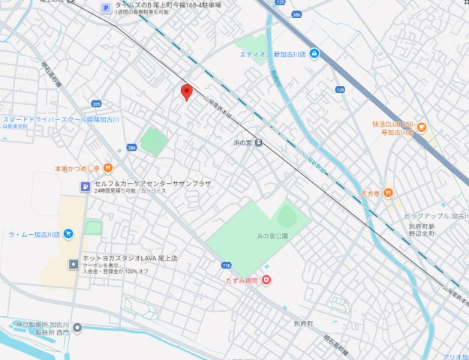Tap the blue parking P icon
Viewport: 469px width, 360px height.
pyautogui.click(x=106, y=9)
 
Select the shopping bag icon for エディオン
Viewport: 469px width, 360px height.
pyautogui.click(x=314, y=53)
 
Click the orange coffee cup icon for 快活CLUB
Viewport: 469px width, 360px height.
pyautogui.click(x=421, y=127)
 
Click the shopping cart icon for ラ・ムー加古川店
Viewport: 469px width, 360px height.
pyautogui.click(x=68, y=234)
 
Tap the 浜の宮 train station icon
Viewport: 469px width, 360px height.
pyautogui.click(x=257, y=142)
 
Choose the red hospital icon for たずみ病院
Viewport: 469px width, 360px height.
pyautogui.click(x=266, y=280)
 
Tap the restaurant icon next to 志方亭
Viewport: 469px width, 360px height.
pyautogui.click(x=387, y=193)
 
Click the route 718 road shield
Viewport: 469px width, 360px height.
pyautogui.click(x=227, y=265)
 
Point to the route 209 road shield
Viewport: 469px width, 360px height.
pyautogui.click(x=96, y=103)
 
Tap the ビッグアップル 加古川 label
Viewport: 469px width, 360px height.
pyautogui.click(x=438, y=216)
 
